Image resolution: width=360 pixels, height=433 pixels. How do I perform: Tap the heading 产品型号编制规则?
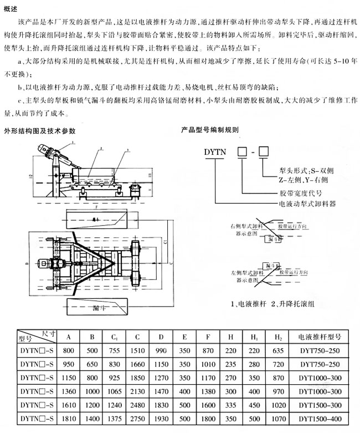[x=210, y=130]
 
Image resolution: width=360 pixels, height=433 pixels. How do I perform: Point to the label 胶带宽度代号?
[x=300, y=193]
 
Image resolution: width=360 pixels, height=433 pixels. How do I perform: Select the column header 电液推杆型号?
[x=318, y=337]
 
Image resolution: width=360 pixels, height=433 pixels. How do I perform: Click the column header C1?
[x=114, y=337]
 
